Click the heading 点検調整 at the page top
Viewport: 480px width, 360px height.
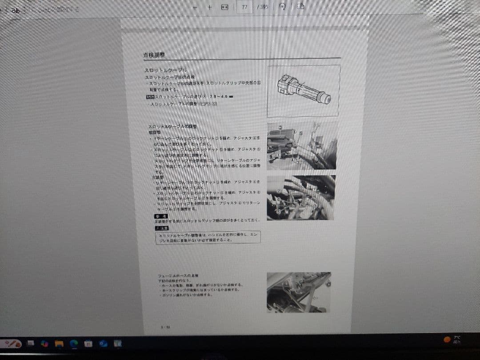[x=154, y=55]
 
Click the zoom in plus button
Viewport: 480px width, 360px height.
[x=209, y=7]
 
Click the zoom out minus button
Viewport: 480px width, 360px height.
[x=195, y=7]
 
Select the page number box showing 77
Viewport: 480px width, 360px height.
[x=244, y=7]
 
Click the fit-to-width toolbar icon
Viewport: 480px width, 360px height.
[x=224, y=7]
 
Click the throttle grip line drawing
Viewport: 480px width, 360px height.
[x=304, y=89]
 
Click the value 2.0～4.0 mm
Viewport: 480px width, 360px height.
[x=219, y=96]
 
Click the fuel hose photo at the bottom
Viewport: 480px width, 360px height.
[x=298, y=292]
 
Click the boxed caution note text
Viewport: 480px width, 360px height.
[x=208, y=237]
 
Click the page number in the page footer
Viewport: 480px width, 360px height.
[x=165, y=328]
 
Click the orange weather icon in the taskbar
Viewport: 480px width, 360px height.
[x=447, y=340]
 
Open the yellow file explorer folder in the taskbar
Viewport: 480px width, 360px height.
[x=59, y=344]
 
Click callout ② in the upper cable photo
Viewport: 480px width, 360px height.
[x=280, y=128]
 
